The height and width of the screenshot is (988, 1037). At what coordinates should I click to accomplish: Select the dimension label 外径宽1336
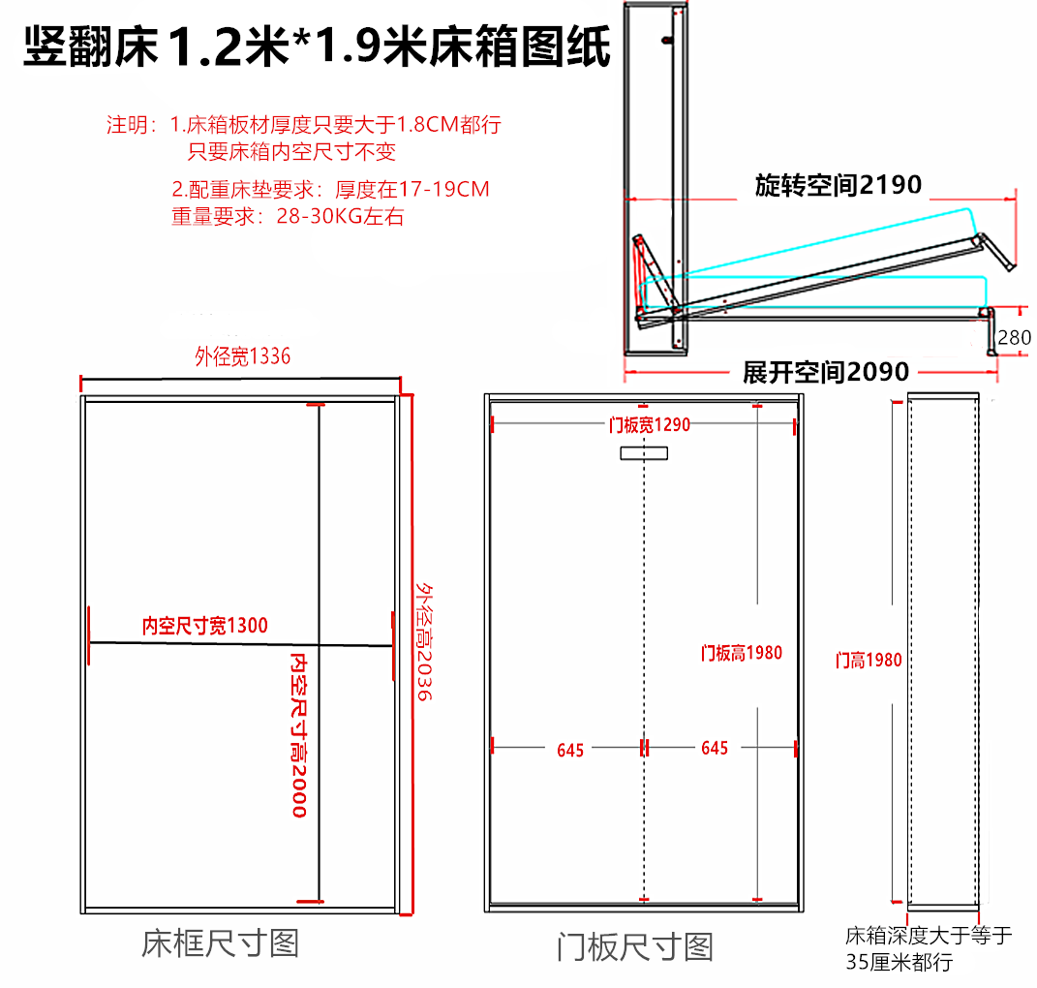coord(242,357)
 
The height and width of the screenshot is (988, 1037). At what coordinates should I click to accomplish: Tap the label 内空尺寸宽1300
coord(205,626)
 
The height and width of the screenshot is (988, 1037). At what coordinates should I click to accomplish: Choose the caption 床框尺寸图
coord(220,942)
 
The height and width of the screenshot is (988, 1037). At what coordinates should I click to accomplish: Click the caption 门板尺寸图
coord(634,946)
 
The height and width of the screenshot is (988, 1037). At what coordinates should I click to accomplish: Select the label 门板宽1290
coord(649,424)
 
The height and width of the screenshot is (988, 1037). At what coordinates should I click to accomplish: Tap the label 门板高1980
coord(741,653)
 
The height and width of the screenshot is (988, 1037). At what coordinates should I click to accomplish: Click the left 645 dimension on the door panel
coord(570,749)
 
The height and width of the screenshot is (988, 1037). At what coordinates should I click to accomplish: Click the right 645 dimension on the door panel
coord(714,749)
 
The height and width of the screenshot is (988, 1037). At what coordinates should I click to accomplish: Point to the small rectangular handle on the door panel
coord(644,453)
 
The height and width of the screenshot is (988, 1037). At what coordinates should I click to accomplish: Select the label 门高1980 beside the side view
coord(869,661)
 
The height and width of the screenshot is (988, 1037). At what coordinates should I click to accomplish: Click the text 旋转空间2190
coord(838,185)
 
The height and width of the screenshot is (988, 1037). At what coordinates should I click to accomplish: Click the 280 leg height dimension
coord(1014,338)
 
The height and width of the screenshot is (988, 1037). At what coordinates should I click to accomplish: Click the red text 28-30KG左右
coord(340,216)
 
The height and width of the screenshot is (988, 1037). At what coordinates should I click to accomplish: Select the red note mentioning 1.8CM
coord(335,125)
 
